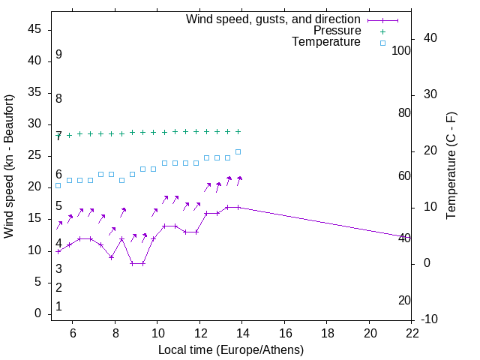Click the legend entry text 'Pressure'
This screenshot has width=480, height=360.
(337, 31)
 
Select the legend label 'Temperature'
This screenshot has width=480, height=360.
(326, 42)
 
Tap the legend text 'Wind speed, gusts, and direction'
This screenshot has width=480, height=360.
(273, 19)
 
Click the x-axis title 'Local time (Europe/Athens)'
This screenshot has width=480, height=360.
(231, 349)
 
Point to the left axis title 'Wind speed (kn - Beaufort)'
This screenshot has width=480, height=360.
(9, 166)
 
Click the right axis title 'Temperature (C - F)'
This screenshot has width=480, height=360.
(451, 166)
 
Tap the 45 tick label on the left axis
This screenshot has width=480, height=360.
(34, 29)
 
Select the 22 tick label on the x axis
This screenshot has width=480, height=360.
(412, 333)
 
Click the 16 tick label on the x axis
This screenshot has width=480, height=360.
(285, 333)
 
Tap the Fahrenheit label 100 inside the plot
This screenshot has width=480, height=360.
(401, 50)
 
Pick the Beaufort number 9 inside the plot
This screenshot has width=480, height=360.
(58, 55)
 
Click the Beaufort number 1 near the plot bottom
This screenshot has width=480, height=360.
(58, 307)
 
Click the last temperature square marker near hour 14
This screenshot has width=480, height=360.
(238, 151)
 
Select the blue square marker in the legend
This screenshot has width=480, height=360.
(382, 43)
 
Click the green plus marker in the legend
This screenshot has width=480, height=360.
(382, 31)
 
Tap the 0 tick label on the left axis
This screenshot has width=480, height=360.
(37, 313)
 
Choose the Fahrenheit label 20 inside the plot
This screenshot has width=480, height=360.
(404, 300)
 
